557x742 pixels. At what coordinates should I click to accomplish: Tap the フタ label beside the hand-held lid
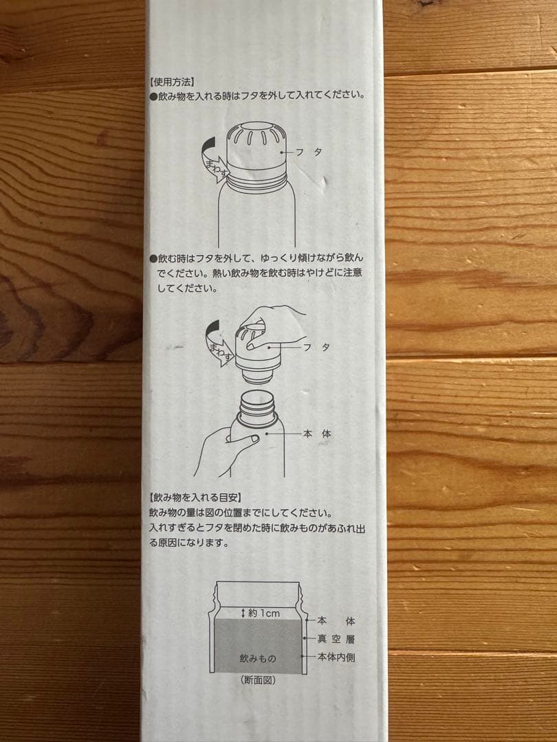coord(316,348)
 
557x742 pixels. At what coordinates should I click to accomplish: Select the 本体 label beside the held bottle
coord(317,434)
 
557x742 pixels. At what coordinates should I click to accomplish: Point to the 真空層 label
coord(336,639)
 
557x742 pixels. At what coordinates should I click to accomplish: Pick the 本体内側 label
coord(336,657)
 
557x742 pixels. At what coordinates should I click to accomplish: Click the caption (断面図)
coord(258,680)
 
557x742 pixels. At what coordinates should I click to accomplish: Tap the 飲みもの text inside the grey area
coord(258,658)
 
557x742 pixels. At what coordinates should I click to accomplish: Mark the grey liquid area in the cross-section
coord(258,642)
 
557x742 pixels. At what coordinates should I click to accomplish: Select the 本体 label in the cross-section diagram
coord(336,620)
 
